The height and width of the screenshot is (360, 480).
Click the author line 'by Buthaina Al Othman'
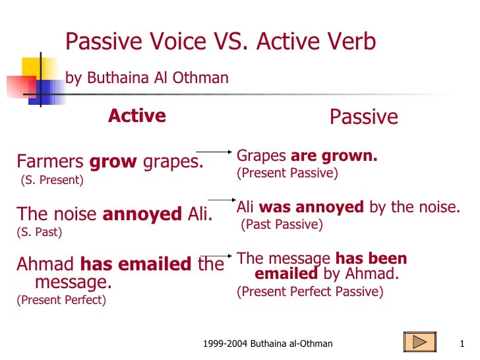pos(146,78)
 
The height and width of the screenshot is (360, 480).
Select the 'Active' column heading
pos(136,116)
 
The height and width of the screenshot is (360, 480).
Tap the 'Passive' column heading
pos(363,117)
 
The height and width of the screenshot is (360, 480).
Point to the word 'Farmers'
pos(50,162)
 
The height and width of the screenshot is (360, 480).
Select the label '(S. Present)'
pos(51,180)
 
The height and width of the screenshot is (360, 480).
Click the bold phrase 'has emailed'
pos(135,265)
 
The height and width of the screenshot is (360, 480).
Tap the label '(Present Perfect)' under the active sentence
pos(61,300)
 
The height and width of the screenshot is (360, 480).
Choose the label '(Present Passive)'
pos(287,174)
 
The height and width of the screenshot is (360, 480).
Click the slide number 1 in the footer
pos(462,344)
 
